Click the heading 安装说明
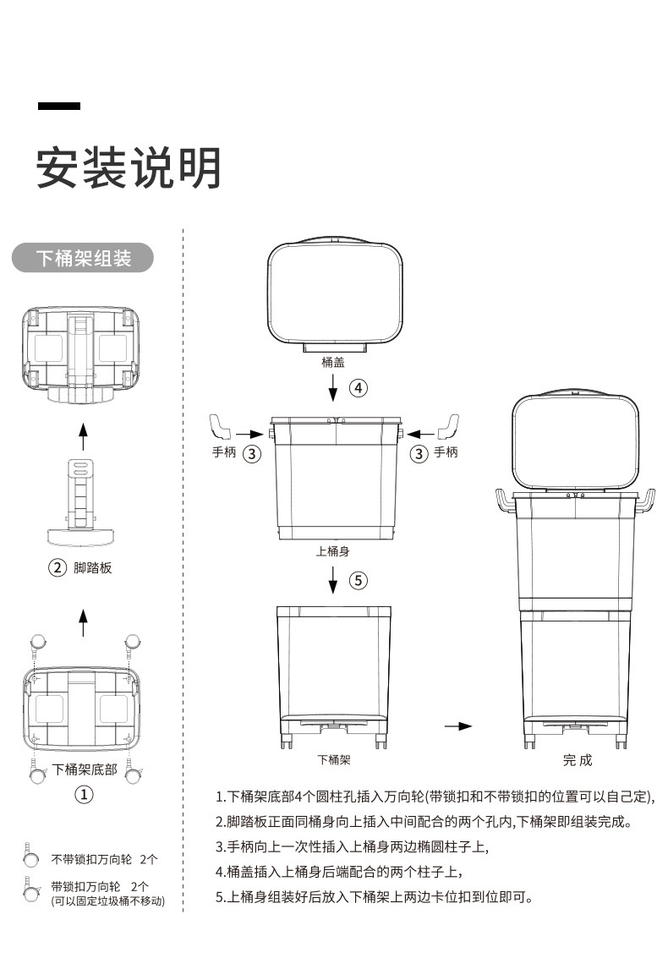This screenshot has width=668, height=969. point(129,167)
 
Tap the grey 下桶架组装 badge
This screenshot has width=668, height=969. point(83,258)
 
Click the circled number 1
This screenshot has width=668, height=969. point(84,794)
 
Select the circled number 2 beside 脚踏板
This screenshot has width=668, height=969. point(57,567)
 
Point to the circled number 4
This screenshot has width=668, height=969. point(359,388)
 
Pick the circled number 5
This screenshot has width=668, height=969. point(359,580)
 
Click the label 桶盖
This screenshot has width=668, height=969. point(333,362)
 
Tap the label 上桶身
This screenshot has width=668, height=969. point(333,551)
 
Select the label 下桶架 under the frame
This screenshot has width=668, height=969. point(333,759)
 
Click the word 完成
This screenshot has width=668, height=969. point(578,760)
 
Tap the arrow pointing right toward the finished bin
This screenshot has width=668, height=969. point(459,725)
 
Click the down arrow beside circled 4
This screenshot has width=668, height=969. point(333,388)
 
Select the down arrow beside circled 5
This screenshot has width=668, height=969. point(333,580)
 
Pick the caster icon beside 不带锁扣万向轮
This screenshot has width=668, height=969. point(30,857)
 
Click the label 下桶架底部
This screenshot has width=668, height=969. point(85,769)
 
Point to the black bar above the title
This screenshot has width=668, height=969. point(59,106)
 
